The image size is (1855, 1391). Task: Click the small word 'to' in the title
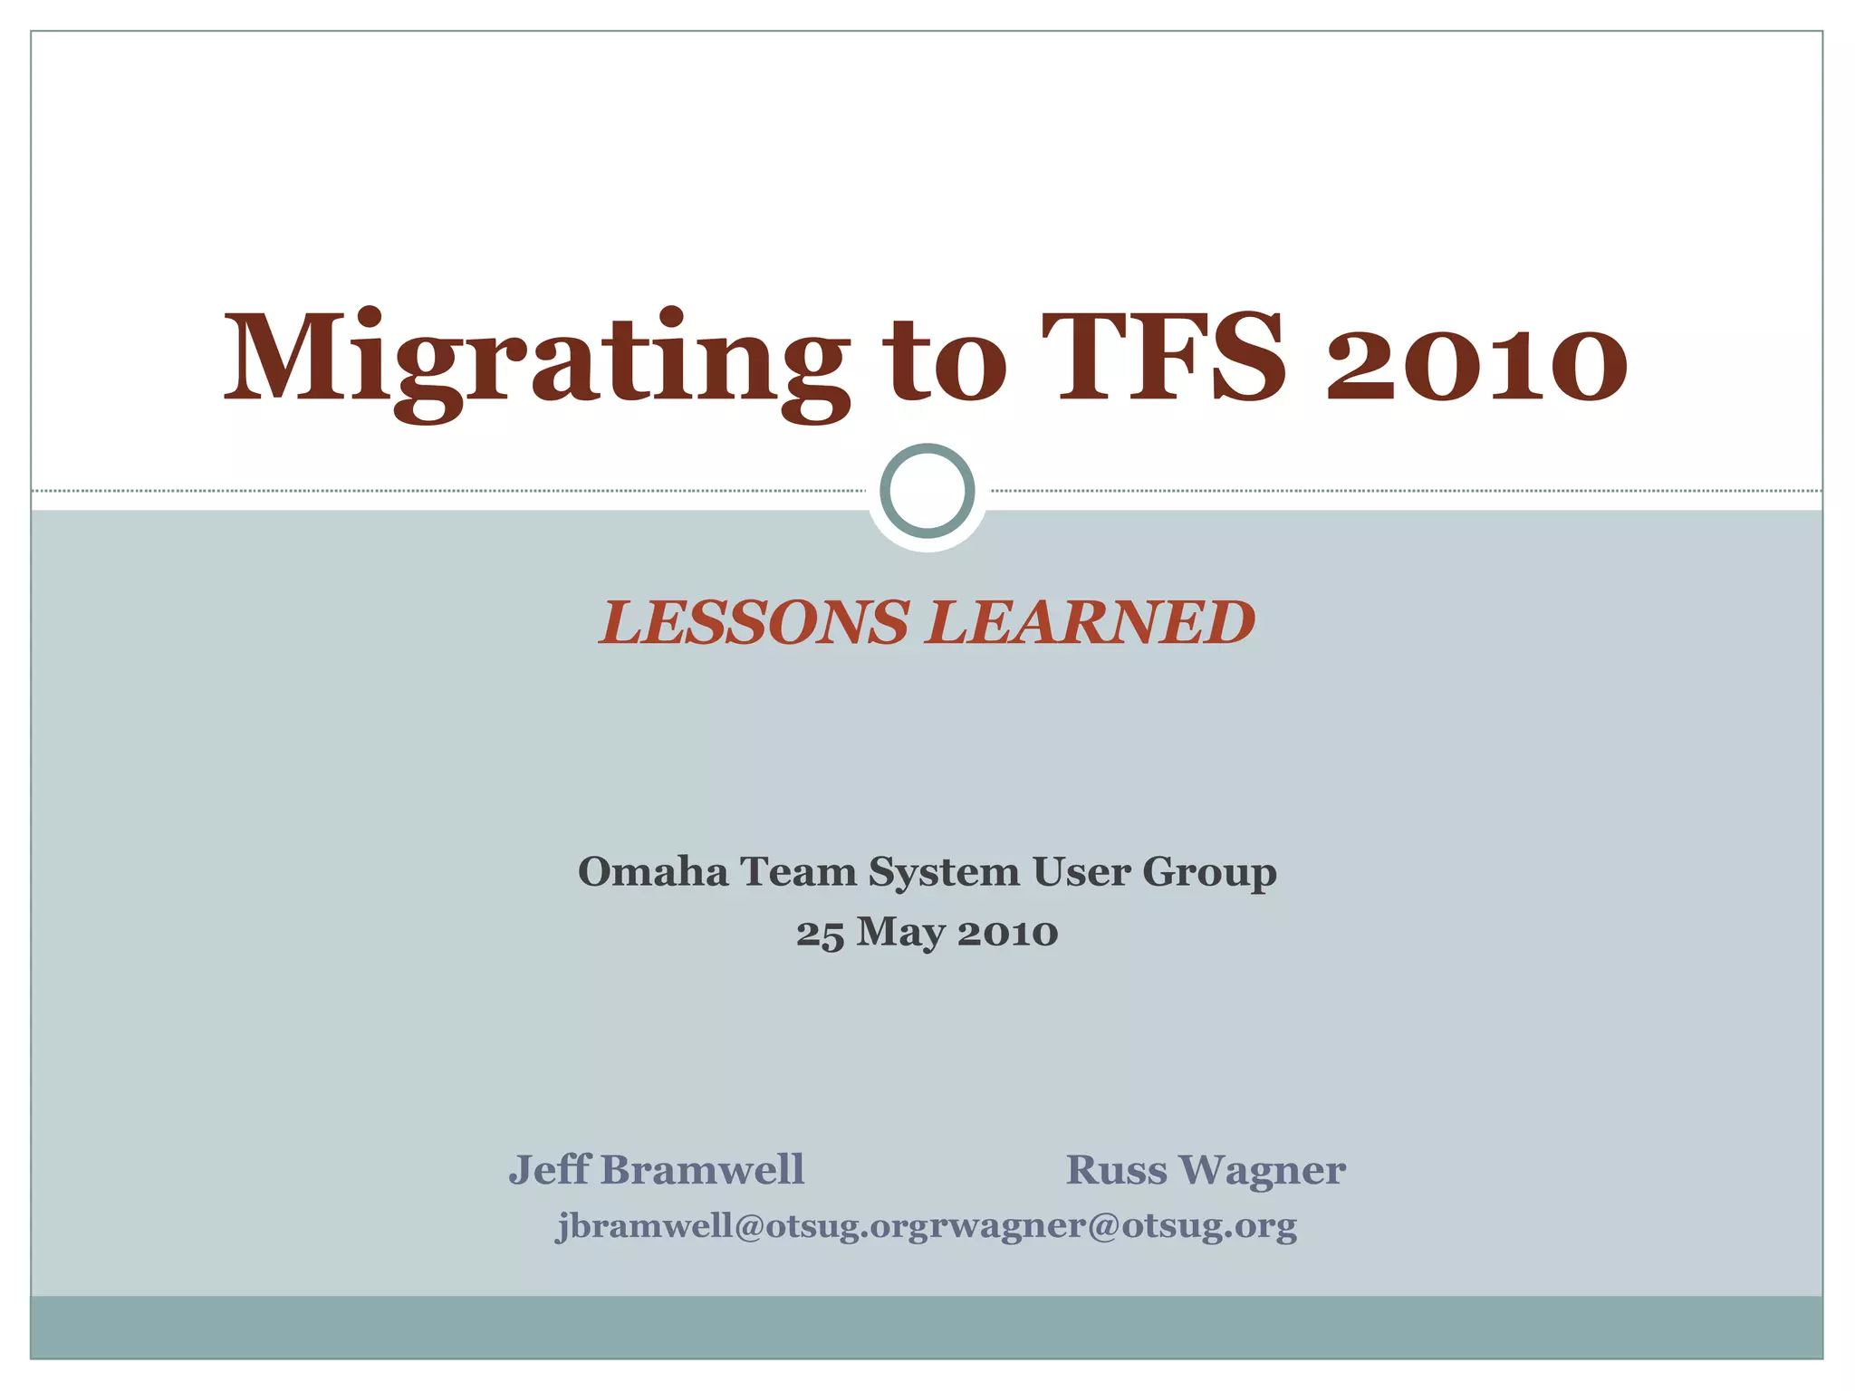[x=947, y=362]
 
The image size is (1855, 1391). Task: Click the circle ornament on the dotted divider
[x=927, y=491]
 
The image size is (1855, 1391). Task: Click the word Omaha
[x=653, y=872]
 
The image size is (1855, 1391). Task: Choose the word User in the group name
[x=1081, y=872]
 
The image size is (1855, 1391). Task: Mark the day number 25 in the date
[x=820, y=934]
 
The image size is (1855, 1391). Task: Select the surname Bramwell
[x=702, y=1169]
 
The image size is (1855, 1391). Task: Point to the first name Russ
[x=1117, y=1170]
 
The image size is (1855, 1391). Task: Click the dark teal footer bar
[x=927, y=1327]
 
